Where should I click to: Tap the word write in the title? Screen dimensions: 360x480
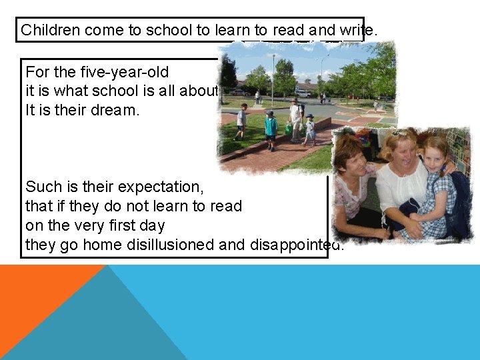pos(360,30)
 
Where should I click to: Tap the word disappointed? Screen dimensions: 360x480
pos(296,245)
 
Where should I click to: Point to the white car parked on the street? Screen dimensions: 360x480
pos(303,93)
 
